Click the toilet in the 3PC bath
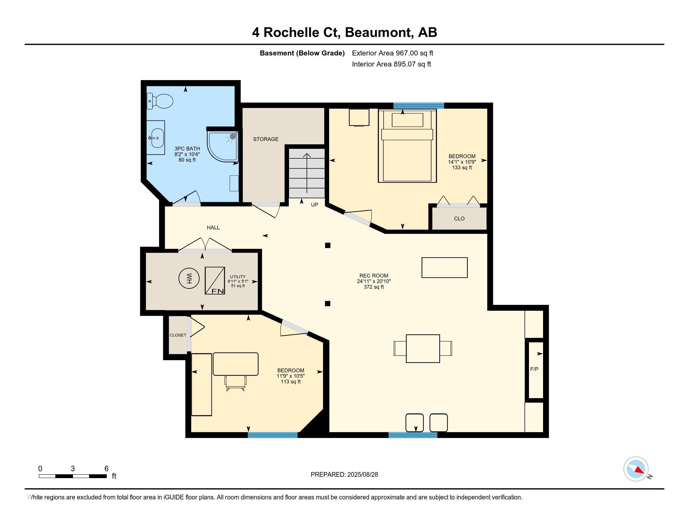click(160, 101)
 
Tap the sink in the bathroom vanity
click(158, 138)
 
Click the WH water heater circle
click(189, 278)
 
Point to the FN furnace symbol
click(215, 280)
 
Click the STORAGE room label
click(266, 139)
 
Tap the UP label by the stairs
click(314, 205)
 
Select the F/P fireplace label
click(534, 369)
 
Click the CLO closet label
click(459, 218)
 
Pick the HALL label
click(213, 228)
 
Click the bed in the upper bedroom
click(407, 146)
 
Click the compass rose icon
click(636, 469)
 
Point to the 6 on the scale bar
click(106, 469)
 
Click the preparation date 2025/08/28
click(362, 475)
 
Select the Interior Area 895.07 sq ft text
click(391, 64)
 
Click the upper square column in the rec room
click(328, 245)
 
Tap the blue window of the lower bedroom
click(272, 435)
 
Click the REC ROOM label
click(374, 275)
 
